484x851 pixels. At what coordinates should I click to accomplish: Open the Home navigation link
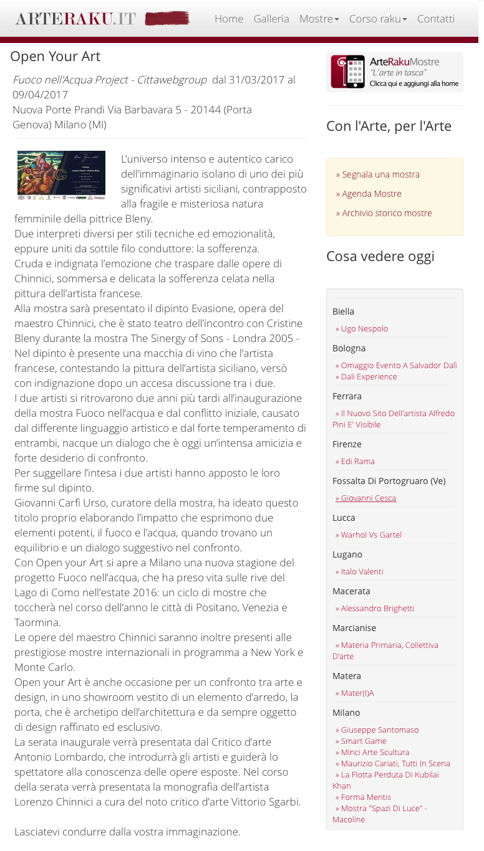(229, 19)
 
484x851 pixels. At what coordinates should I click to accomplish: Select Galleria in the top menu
(271, 19)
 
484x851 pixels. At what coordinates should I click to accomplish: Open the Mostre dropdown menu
(319, 19)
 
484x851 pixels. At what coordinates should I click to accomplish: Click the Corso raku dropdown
(378, 19)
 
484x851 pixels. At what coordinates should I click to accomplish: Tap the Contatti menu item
(436, 19)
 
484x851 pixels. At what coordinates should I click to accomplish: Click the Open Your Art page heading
(55, 57)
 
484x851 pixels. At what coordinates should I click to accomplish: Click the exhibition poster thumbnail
(61, 175)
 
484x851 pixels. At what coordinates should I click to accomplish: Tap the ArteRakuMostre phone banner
(394, 72)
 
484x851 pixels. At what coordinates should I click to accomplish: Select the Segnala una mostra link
(378, 174)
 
